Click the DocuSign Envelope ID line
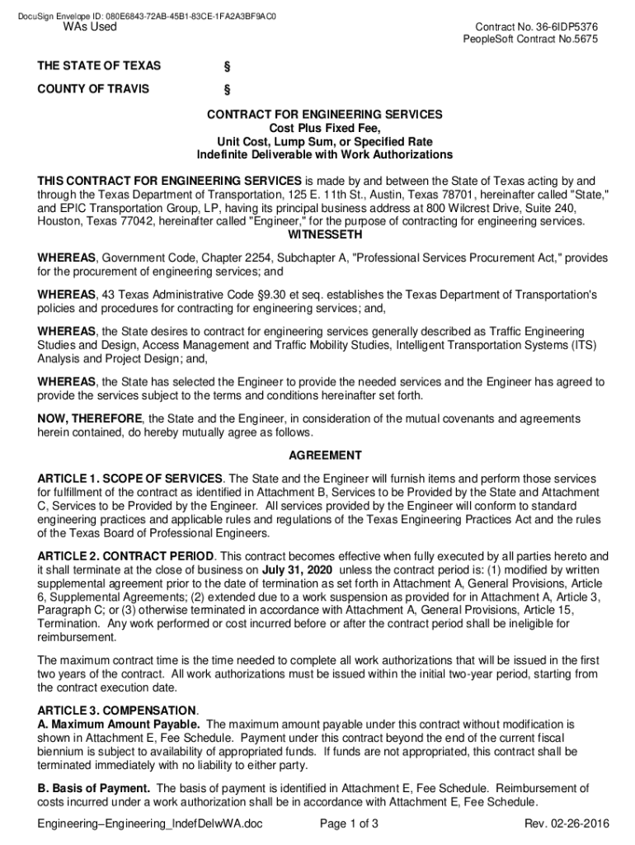point(147,16)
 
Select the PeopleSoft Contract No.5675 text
point(530,40)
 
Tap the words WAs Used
point(91,27)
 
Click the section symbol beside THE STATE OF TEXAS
point(227,67)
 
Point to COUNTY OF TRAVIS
point(92,89)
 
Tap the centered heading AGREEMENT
point(324,456)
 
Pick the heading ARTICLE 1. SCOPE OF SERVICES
point(129,479)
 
